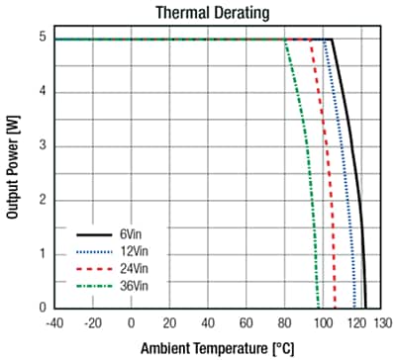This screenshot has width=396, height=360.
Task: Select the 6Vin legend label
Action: pos(124,235)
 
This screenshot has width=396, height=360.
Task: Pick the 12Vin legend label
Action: pos(126,252)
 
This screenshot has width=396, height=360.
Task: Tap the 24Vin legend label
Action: pos(126,269)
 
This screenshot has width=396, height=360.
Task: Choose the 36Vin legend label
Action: pos(126,287)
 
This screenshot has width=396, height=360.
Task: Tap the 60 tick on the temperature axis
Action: pos(247,321)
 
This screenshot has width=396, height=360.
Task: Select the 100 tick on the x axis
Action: pos(323,321)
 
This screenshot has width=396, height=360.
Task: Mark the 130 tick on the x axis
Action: pos(381,321)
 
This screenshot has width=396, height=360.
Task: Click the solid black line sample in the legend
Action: pos(89,235)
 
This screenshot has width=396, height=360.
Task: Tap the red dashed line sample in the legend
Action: pos(89,269)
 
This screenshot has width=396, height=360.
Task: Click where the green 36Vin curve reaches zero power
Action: pos(319,307)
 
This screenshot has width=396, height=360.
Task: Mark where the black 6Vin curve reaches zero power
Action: pos(365,307)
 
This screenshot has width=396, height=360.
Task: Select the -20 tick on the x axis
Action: pos(92,321)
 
